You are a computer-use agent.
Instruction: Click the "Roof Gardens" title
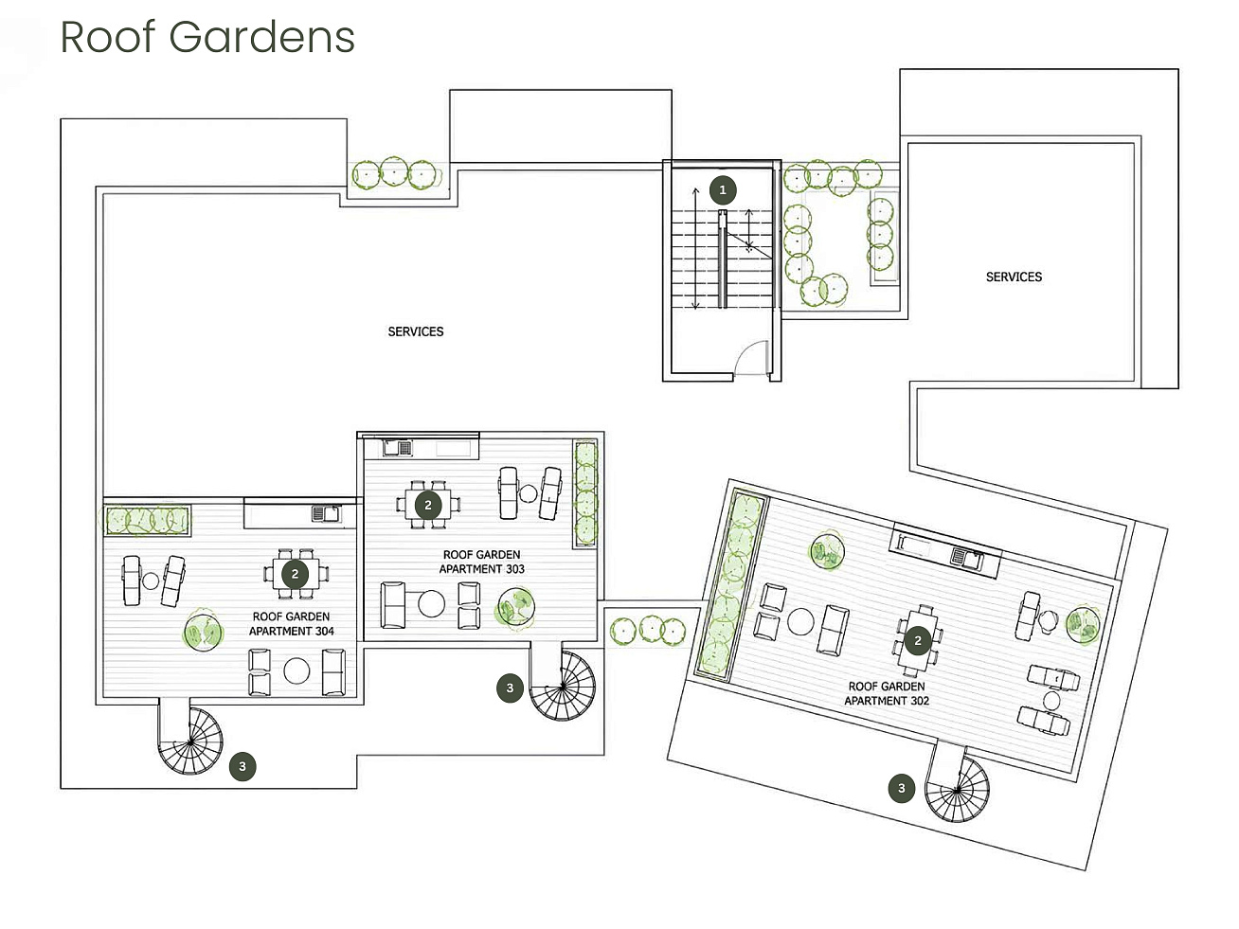pyautogui.click(x=207, y=38)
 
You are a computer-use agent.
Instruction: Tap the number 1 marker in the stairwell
pyautogui.click(x=723, y=190)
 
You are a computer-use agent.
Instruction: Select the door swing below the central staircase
pyautogui.click(x=751, y=358)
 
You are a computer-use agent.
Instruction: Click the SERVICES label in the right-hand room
pyautogui.click(x=1014, y=277)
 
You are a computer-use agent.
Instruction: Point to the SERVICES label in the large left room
pyautogui.click(x=416, y=331)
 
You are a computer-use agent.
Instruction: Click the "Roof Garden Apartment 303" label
pyautogui.click(x=481, y=562)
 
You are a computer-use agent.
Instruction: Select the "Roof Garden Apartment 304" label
pyautogui.click(x=291, y=624)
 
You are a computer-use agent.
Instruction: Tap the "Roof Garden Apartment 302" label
pyautogui.click(x=887, y=693)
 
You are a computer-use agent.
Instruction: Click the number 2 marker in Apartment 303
pyautogui.click(x=428, y=505)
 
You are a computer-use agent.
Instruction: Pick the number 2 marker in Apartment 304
pyautogui.click(x=295, y=574)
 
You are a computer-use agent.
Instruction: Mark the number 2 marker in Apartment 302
pyautogui.click(x=918, y=641)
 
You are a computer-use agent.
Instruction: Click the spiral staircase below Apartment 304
pyautogui.click(x=190, y=741)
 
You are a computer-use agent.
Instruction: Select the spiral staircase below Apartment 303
pyautogui.click(x=563, y=686)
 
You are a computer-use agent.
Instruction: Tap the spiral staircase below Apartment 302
pyautogui.click(x=958, y=789)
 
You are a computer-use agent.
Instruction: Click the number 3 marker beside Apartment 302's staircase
pyautogui.click(x=902, y=788)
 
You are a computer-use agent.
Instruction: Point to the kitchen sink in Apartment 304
pyautogui.click(x=326, y=513)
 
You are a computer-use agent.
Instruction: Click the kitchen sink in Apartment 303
pyautogui.click(x=398, y=449)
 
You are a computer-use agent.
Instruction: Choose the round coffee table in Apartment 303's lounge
pyautogui.click(x=431, y=604)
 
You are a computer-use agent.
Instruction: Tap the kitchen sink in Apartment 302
pyautogui.click(x=966, y=559)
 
